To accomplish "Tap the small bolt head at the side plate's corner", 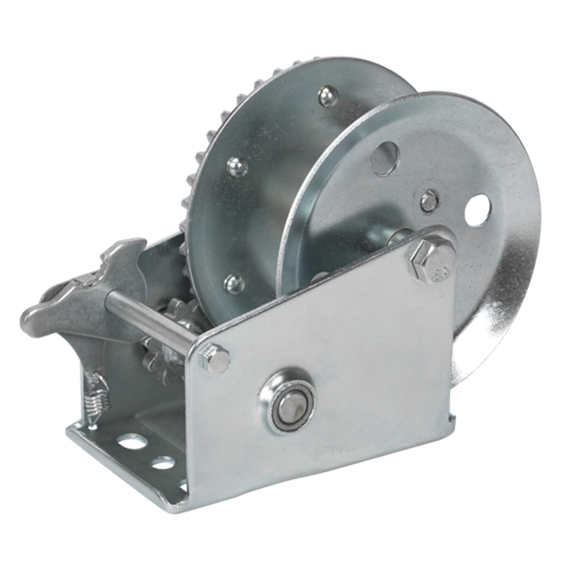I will [215, 358].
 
